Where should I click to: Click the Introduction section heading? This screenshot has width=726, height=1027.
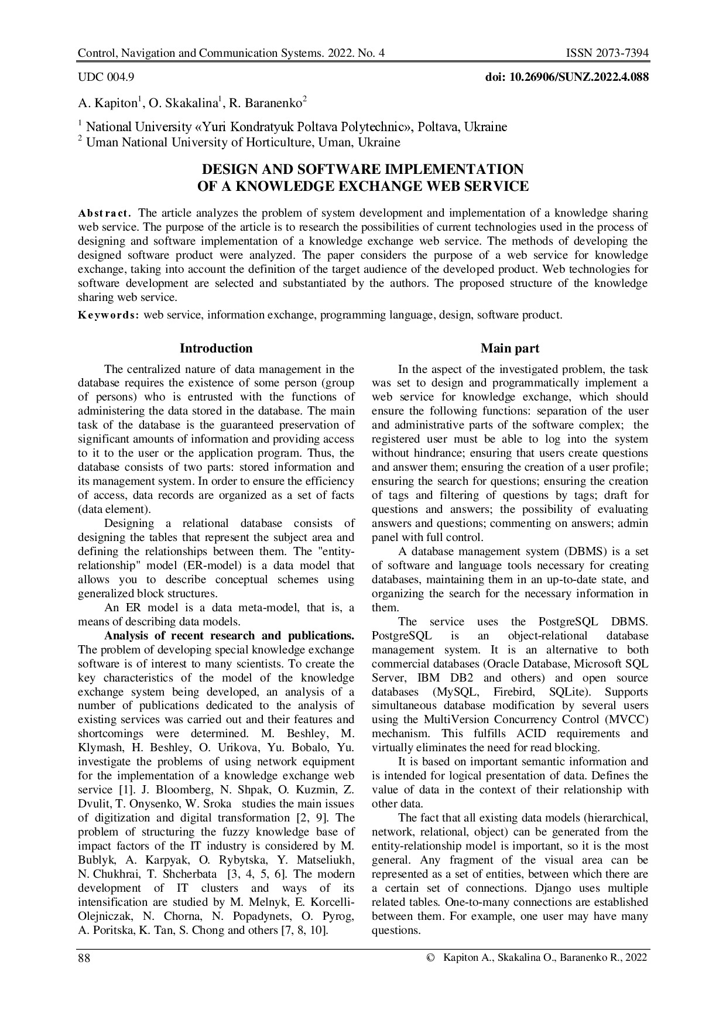pyautogui.click(x=216, y=348)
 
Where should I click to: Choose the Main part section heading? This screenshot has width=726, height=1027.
pyautogui.click(x=509, y=348)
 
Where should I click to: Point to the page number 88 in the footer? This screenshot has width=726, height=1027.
pyautogui.click(x=84, y=958)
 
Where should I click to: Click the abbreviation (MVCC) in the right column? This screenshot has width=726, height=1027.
pyautogui.click(x=625, y=720)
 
